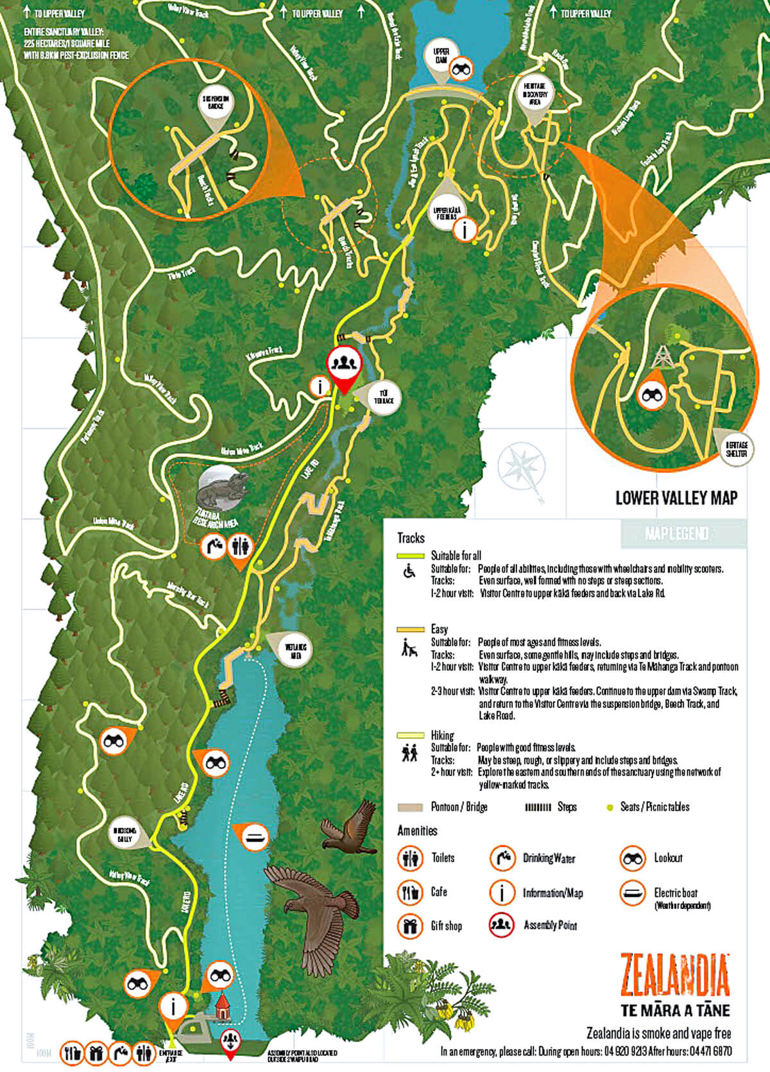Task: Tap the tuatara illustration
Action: click(x=222, y=490)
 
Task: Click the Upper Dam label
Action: click(x=441, y=56)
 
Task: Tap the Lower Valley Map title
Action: click(x=676, y=497)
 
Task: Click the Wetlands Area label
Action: click(x=296, y=652)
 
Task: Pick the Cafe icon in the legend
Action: click(x=409, y=892)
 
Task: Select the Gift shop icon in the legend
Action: click(x=409, y=926)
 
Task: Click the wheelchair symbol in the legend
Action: click(x=408, y=571)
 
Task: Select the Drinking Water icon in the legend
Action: click(x=502, y=858)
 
